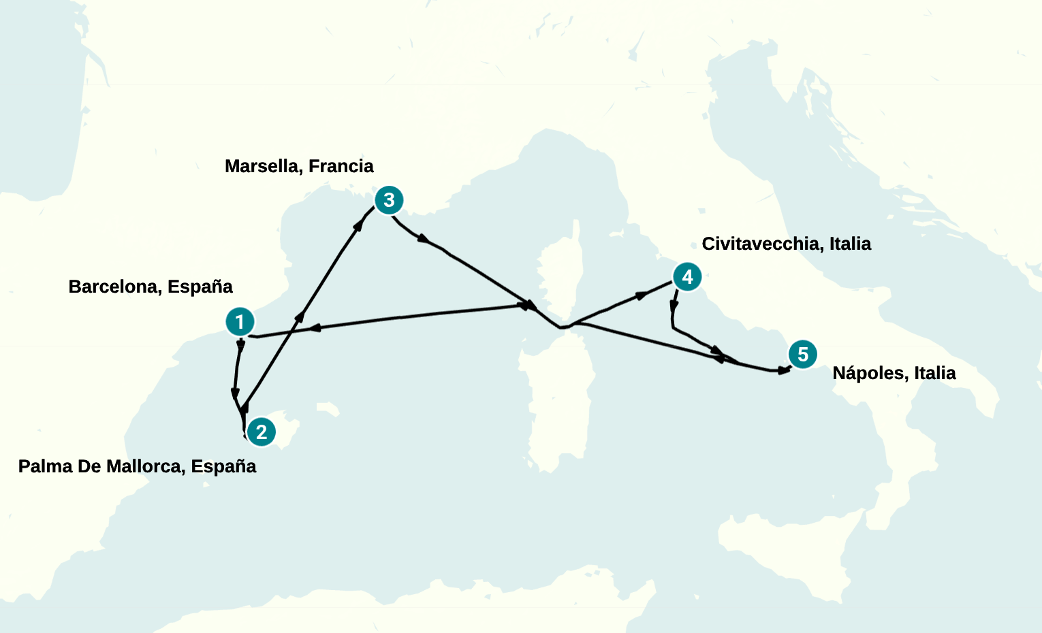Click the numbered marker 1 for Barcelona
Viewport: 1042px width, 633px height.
pos(240,322)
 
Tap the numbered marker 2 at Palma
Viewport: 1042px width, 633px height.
pos(262,432)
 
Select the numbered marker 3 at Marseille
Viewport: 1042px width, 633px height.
pos(389,200)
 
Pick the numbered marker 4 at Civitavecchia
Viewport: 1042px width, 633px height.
pos(687,277)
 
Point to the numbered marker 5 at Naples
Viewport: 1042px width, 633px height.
pos(803,355)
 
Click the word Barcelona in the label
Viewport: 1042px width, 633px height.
pos(113,287)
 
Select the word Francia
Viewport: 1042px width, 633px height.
pos(341,166)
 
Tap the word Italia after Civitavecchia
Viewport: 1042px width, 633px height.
pos(850,244)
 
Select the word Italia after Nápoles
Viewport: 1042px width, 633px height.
pos(935,373)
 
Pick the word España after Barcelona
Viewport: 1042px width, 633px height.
pos(200,287)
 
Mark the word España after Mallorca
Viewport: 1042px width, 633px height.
pos(224,466)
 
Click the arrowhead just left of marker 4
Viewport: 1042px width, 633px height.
pos(642,295)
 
